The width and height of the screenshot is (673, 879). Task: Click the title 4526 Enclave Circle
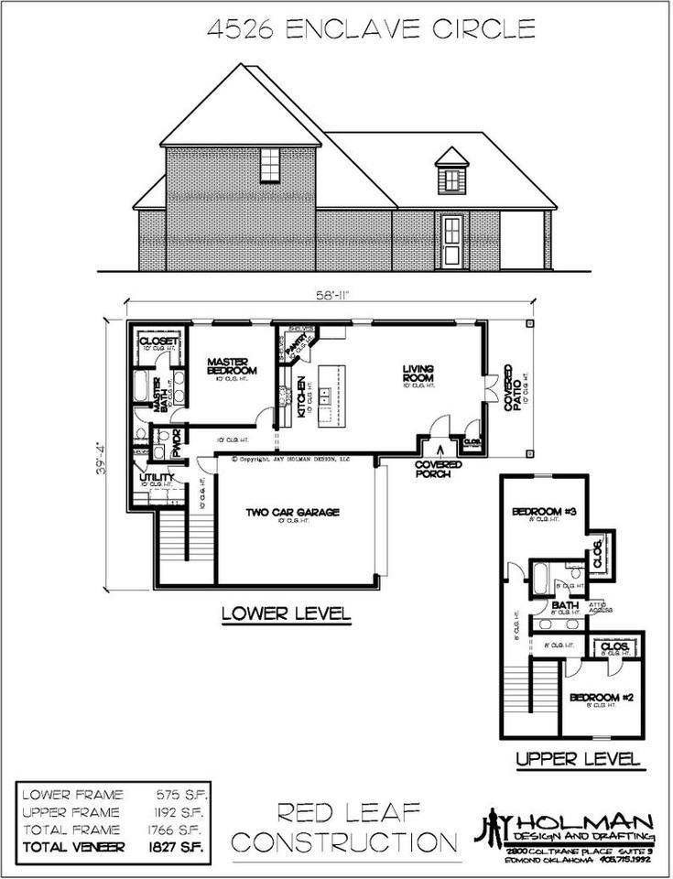click(371, 29)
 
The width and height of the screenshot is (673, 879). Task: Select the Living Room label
click(418, 374)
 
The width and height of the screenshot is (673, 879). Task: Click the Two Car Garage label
click(291, 513)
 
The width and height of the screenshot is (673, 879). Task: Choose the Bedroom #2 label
click(597, 698)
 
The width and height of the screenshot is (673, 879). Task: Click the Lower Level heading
click(286, 613)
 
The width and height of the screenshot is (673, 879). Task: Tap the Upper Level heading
click(576, 759)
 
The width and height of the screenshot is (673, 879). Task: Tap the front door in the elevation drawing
click(450, 242)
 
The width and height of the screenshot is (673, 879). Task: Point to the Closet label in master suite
click(157, 342)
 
